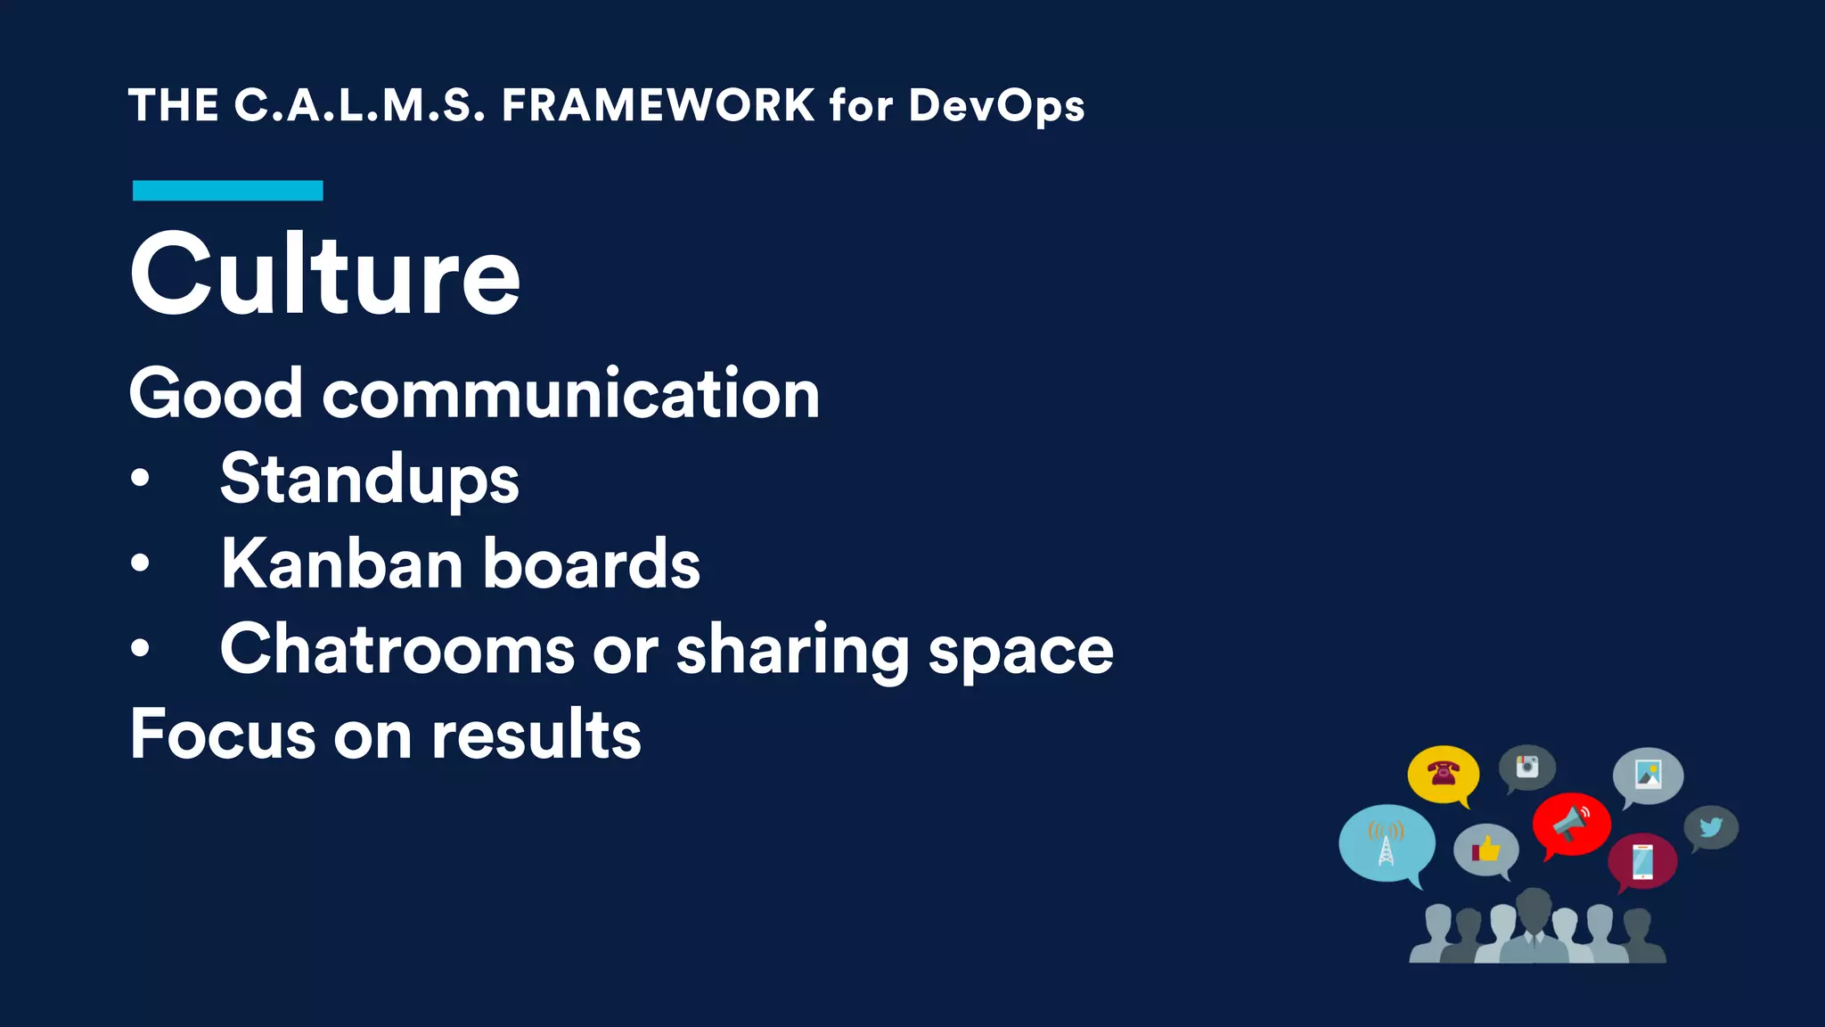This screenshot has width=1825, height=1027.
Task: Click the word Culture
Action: tap(324, 275)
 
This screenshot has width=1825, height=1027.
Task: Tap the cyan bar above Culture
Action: tap(227, 191)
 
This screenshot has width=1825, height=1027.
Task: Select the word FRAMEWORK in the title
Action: tap(658, 105)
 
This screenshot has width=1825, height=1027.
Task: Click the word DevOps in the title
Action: tap(996, 107)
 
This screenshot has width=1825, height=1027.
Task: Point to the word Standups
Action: tap(369, 480)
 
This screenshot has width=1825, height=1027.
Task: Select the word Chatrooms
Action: tap(397, 649)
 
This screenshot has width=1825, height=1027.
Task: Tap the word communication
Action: tap(570, 394)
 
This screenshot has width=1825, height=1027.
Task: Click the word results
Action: tap(536, 735)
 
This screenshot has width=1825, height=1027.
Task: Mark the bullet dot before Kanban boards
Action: tap(140, 563)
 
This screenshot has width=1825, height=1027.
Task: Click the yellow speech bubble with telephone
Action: tap(1443, 773)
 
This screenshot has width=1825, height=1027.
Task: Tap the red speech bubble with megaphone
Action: tap(1571, 823)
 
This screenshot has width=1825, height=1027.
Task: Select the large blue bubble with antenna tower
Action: tap(1387, 842)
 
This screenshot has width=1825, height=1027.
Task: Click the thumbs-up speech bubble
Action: tap(1485, 849)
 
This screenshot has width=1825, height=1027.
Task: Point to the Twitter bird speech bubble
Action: tap(1710, 827)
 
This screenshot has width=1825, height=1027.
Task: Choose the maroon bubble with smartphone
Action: tap(1642, 861)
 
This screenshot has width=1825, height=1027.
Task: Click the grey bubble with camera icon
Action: tap(1526, 767)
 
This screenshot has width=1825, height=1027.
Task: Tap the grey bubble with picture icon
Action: tap(1648, 774)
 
